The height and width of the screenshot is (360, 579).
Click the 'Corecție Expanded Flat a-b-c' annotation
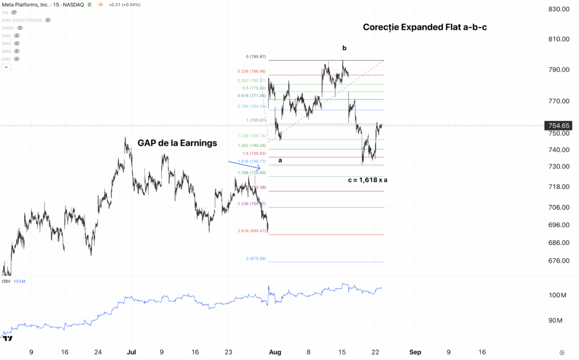click(425, 27)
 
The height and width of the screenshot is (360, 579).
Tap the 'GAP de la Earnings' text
click(177, 143)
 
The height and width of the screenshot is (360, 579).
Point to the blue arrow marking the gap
click(244, 165)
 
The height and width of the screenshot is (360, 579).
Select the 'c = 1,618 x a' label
click(371, 180)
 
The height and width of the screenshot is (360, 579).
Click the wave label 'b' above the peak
click(344, 48)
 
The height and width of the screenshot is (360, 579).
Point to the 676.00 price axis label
click(558, 261)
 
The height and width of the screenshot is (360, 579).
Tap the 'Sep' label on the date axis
click(416, 352)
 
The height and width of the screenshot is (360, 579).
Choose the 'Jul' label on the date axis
click(131, 352)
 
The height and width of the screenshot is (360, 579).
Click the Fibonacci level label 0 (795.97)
click(256, 57)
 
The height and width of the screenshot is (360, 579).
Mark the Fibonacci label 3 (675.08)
click(256, 259)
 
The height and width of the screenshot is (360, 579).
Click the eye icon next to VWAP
click(20, 27)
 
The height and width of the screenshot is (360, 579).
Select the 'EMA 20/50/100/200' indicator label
click(22, 20)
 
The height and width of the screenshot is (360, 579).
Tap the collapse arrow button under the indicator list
click(7, 67)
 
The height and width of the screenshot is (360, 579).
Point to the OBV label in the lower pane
click(6, 281)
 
